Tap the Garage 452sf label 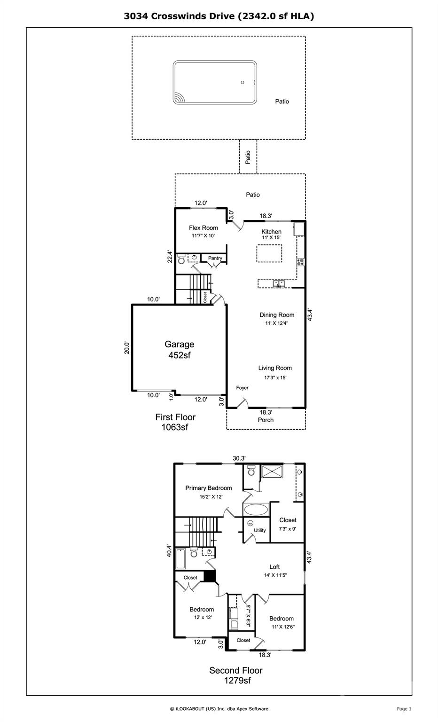[x=180, y=350]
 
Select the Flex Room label [x=203, y=228]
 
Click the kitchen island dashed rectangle [x=269, y=245]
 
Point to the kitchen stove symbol [x=301, y=262]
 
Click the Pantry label [x=215, y=258]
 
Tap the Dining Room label [x=277, y=315]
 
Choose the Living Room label [x=275, y=368]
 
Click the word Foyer [x=242, y=388]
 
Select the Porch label [x=266, y=420]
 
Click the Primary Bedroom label [x=209, y=488]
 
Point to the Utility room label [x=260, y=530]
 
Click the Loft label [x=274, y=566]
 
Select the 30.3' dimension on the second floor [x=239, y=458]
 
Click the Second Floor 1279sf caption [x=236, y=675]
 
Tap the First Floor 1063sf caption [x=175, y=422]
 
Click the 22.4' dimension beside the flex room [x=170, y=257]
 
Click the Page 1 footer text [x=404, y=709]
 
